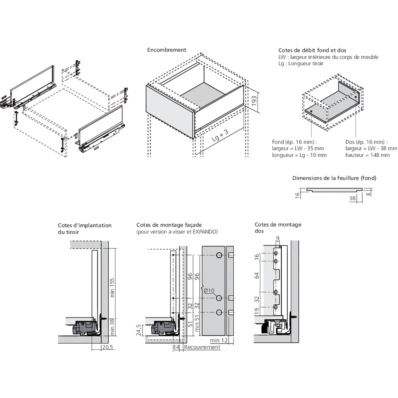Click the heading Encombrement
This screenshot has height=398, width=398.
(166, 50)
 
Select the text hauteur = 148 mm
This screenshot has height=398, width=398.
(367, 155)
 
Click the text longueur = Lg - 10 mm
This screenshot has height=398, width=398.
(299, 155)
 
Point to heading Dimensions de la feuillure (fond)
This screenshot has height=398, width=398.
(334, 178)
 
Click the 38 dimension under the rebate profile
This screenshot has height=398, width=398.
(352, 198)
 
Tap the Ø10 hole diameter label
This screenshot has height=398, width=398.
(209, 291)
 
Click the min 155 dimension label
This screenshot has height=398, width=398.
(113, 287)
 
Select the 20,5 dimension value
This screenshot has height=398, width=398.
(108, 347)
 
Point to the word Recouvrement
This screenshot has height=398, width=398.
(204, 347)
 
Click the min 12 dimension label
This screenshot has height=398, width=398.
(218, 340)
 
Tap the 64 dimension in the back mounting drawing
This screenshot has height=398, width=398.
(257, 275)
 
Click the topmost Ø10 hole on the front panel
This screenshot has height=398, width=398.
(219, 255)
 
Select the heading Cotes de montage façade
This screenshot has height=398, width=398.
(169, 225)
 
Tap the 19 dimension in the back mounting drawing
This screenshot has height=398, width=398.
(257, 310)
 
